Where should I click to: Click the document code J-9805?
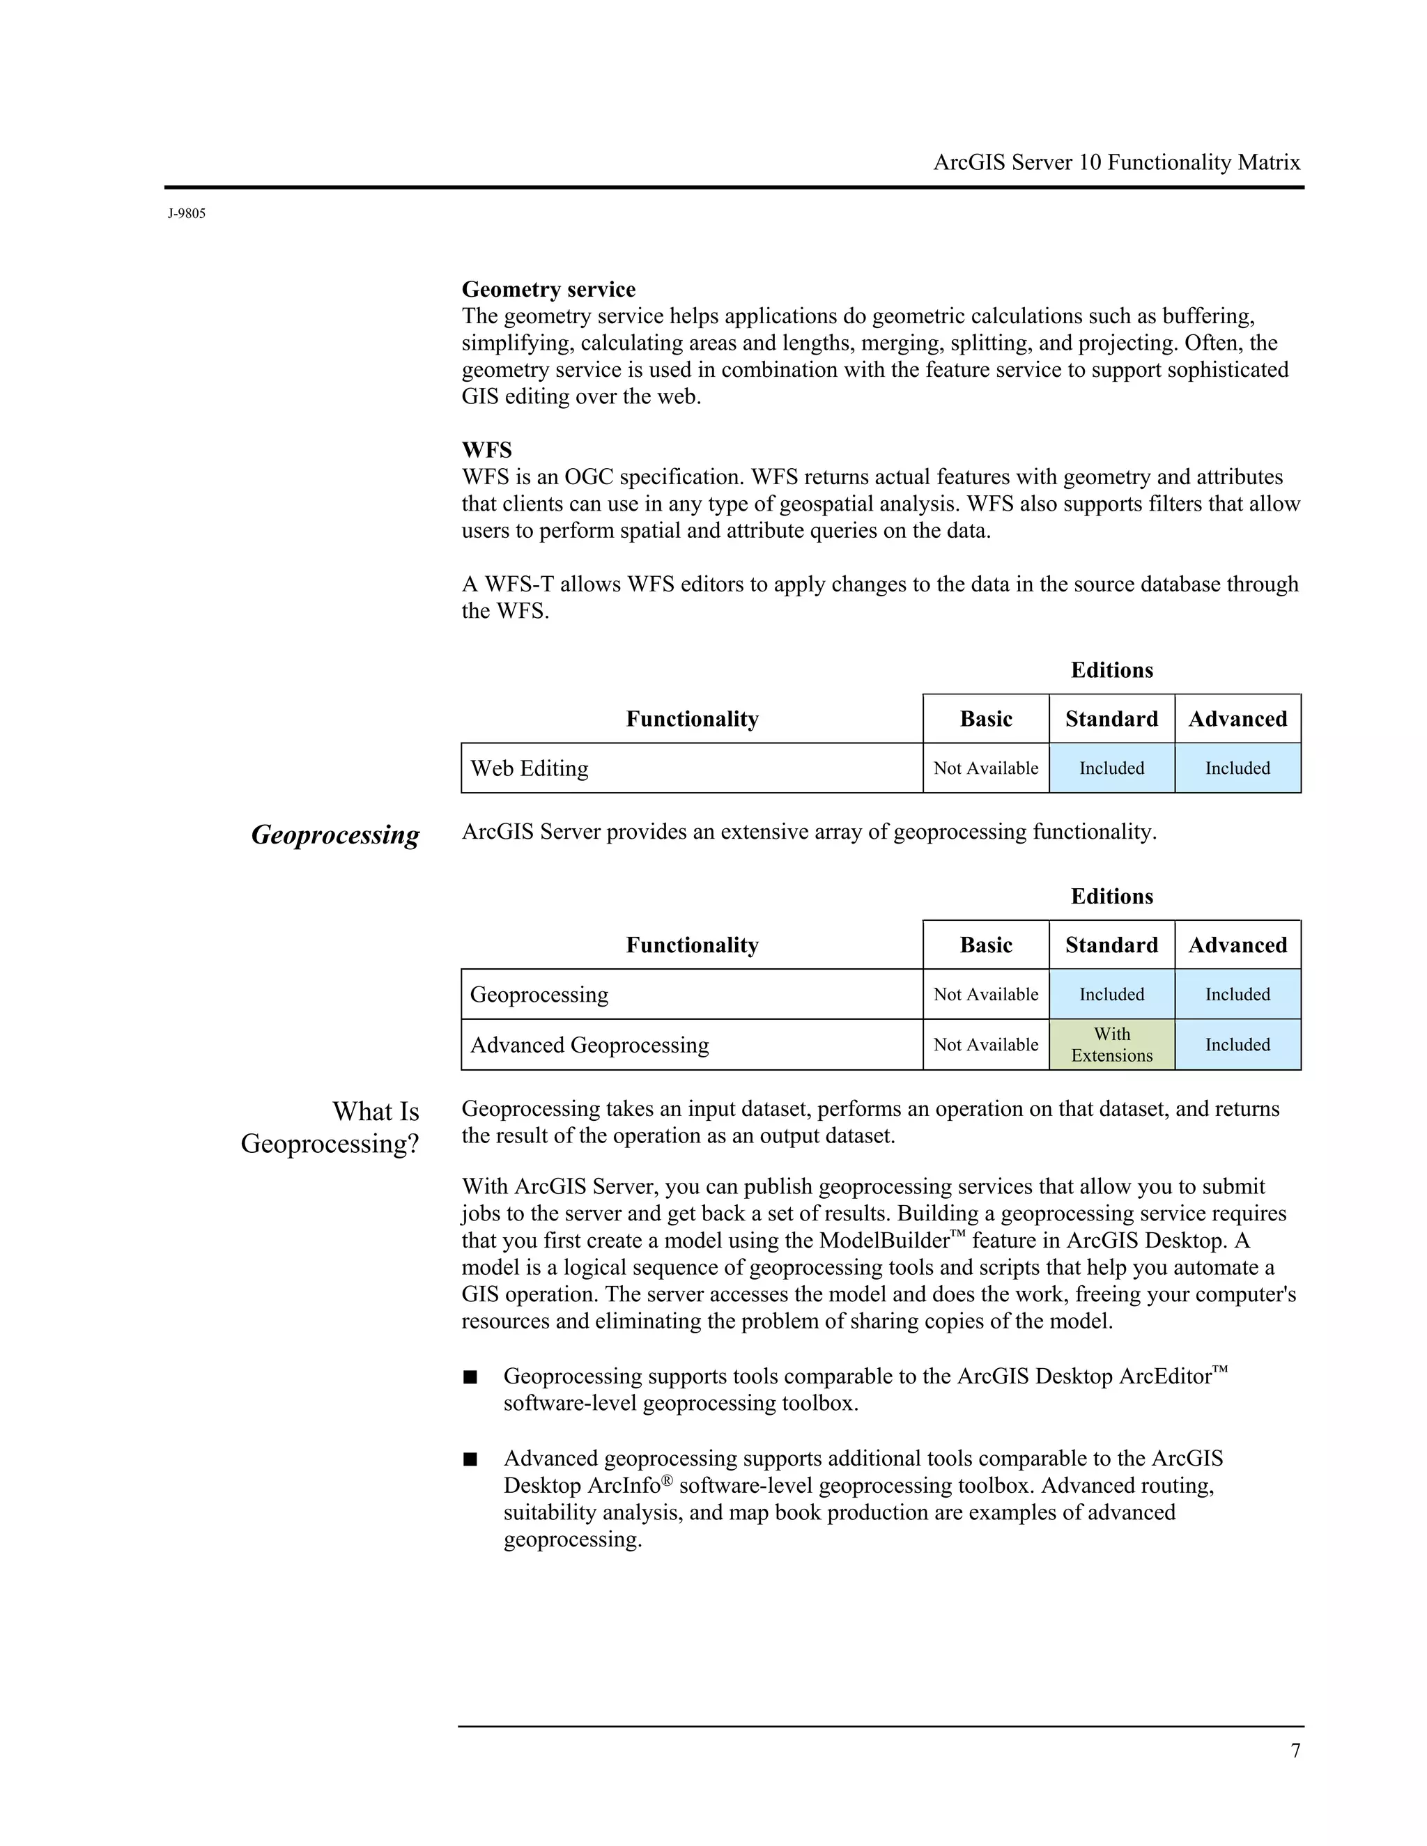(186, 214)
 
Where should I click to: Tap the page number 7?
(1295, 1751)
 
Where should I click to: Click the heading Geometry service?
(548, 289)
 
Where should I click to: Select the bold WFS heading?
(486, 450)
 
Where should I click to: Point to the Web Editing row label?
(530, 768)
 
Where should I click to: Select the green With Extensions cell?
(1111, 1045)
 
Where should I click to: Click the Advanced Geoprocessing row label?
(589, 1045)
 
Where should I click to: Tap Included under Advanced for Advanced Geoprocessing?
(1237, 1045)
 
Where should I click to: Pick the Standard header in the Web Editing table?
(1111, 720)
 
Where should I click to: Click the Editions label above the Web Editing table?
(1111, 670)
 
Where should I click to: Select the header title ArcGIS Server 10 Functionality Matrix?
(1116, 162)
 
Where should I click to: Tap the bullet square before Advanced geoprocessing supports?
(470, 1459)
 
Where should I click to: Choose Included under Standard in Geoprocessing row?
(1111, 994)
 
